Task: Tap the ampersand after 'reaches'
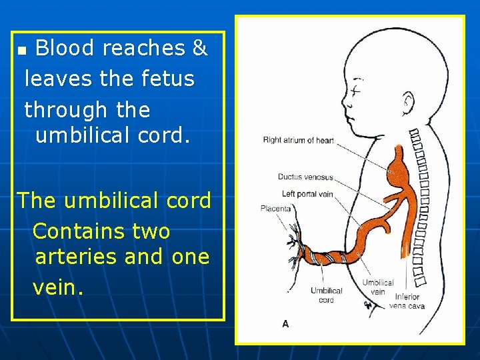(199, 48)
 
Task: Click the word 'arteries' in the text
(80, 256)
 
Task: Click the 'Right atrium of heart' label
(298, 141)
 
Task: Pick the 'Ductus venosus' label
(305, 177)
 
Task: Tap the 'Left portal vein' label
(307, 194)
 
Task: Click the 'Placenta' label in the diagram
(275, 209)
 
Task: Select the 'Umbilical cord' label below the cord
(327, 295)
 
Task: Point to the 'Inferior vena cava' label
(407, 301)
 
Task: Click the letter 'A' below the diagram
(285, 323)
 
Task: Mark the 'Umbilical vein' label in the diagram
(378, 287)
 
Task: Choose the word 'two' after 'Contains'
(152, 231)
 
